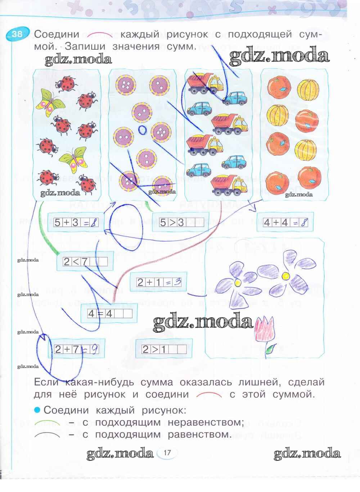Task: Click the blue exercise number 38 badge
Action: [15, 34]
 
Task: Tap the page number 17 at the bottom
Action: [166, 452]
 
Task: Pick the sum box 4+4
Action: [285, 223]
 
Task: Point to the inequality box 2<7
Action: [85, 261]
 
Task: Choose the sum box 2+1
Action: [158, 282]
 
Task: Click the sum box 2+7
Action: [76, 349]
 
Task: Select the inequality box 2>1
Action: [164, 349]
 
